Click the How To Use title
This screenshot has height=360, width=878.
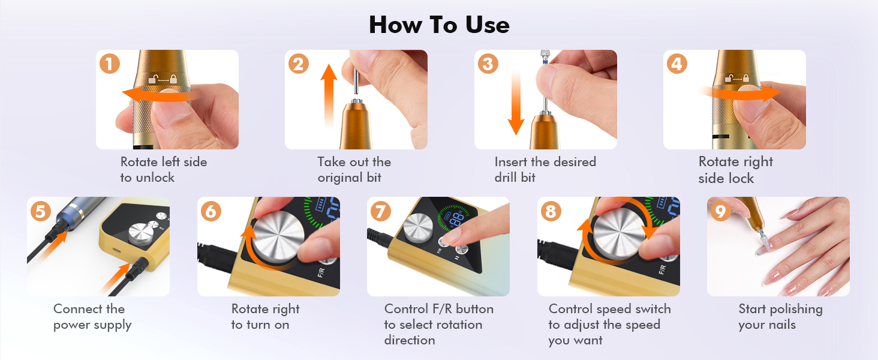click(x=439, y=25)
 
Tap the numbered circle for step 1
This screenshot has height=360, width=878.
click(x=110, y=64)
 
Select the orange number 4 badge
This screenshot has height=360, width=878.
click(x=677, y=64)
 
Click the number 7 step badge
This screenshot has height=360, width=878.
click(x=381, y=211)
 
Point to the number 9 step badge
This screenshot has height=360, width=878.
click(x=720, y=211)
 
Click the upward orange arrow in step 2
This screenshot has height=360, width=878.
click(x=329, y=96)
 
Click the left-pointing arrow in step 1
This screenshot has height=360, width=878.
click(x=157, y=95)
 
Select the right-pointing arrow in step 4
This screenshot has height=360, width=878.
click(x=741, y=94)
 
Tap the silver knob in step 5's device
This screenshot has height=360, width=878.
click(x=141, y=234)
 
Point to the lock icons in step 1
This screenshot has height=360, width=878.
click(x=163, y=79)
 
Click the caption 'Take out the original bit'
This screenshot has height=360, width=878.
click(x=354, y=169)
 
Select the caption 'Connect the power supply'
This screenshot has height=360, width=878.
click(x=92, y=317)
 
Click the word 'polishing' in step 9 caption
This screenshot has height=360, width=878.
click(x=796, y=310)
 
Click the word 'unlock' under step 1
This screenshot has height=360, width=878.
click(x=155, y=178)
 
